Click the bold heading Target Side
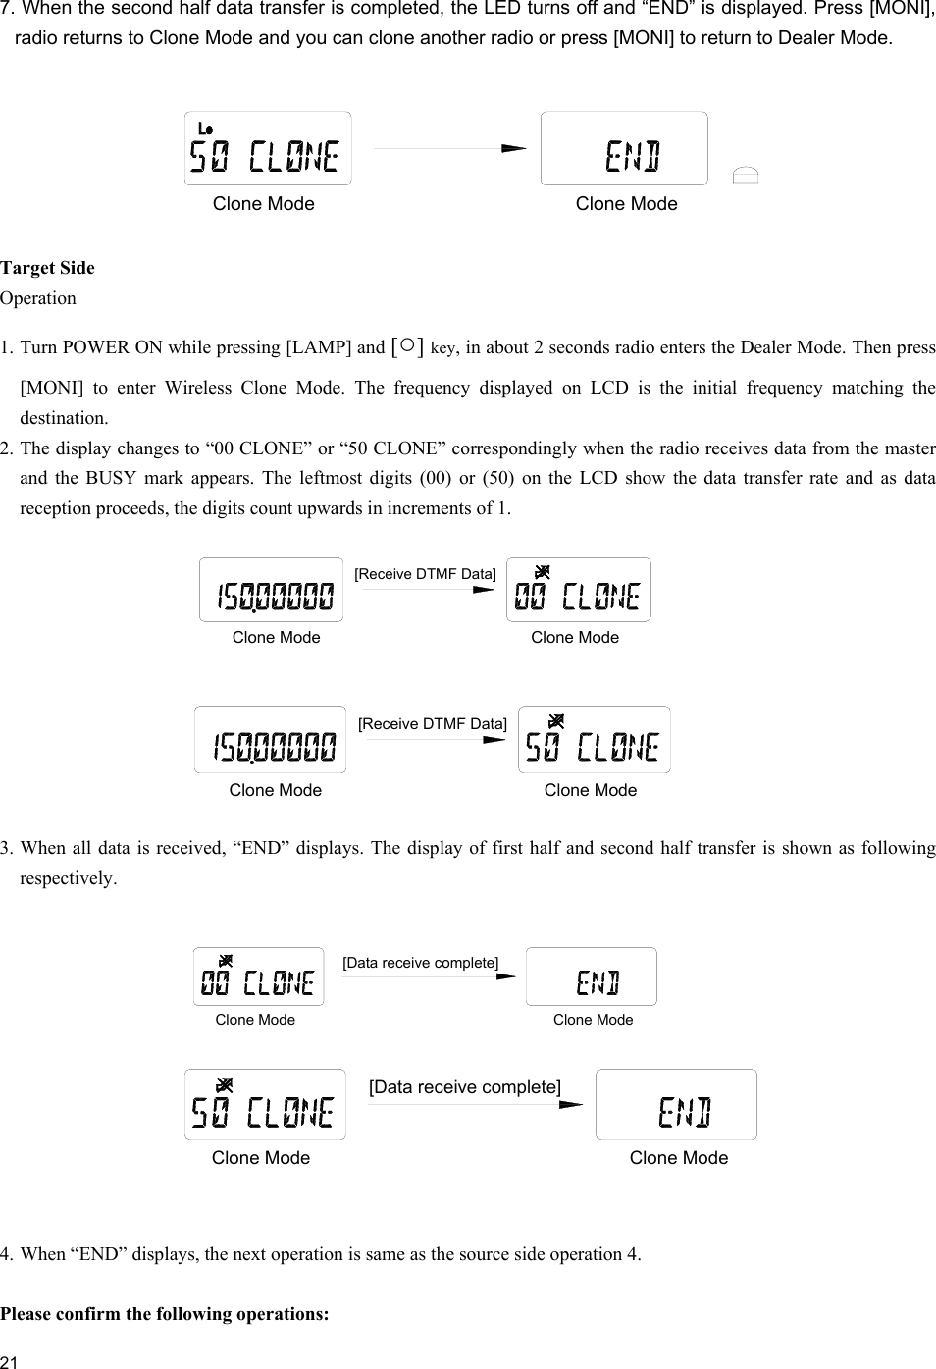coord(47,268)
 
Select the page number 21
coord(10,1360)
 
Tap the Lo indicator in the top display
coord(205,130)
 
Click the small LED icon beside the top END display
coord(746,176)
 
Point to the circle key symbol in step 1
coord(407,346)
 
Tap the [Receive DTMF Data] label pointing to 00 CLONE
coord(425,574)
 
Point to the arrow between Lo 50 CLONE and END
coord(449,149)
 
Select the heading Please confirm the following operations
coord(164,1313)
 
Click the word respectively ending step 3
coord(67,878)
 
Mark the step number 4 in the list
coord(7,1254)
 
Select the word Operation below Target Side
coord(38,298)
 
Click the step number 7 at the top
coord(7,10)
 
